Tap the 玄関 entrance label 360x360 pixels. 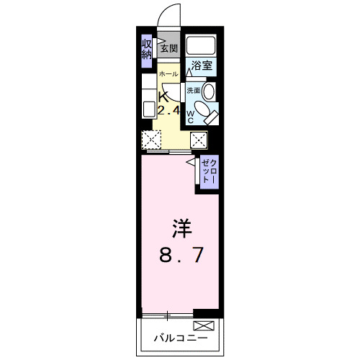(x=168, y=49)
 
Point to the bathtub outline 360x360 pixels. (x=202, y=46)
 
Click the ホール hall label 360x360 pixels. (x=167, y=75)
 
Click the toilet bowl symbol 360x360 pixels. (x=206, y=114)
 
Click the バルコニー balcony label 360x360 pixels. (x=180, y=337)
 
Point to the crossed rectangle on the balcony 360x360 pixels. (x=204, y=326)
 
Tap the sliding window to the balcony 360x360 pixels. (x=167, y=315)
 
